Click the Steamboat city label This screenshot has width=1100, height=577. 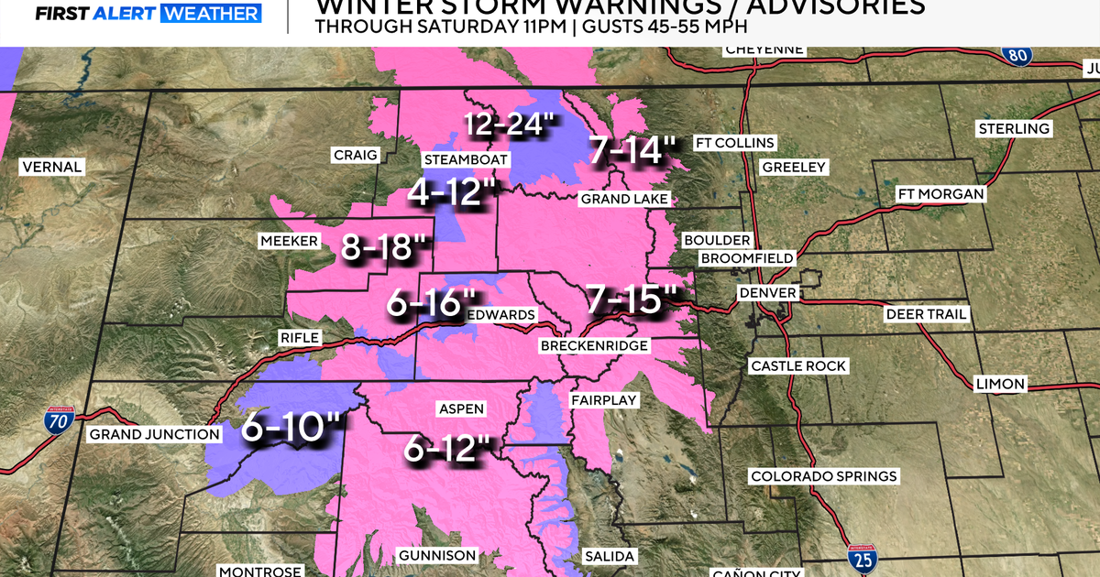(x=466, y=159)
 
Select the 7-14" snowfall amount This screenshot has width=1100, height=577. (x=633, y=149)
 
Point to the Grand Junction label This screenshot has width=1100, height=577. (x=154, y=434)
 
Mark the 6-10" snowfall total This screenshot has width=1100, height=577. (x=291, y=428)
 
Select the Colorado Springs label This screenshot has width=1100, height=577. (x=823, y=476)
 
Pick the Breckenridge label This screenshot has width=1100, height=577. (x=594, y=345)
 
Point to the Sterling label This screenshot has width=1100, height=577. (x=1013, y=128)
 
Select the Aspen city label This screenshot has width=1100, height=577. (x=462, y=409)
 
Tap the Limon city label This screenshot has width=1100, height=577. (x=1001, y=384)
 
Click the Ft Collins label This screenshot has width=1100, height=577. (x=735, y=143)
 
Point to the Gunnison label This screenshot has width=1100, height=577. (x=437, y=555)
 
